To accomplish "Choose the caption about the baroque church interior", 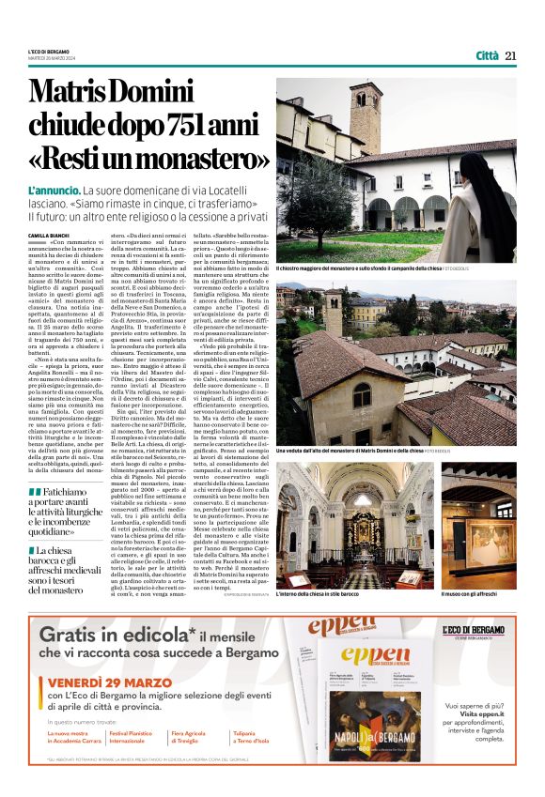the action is [x=319, y=593].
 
